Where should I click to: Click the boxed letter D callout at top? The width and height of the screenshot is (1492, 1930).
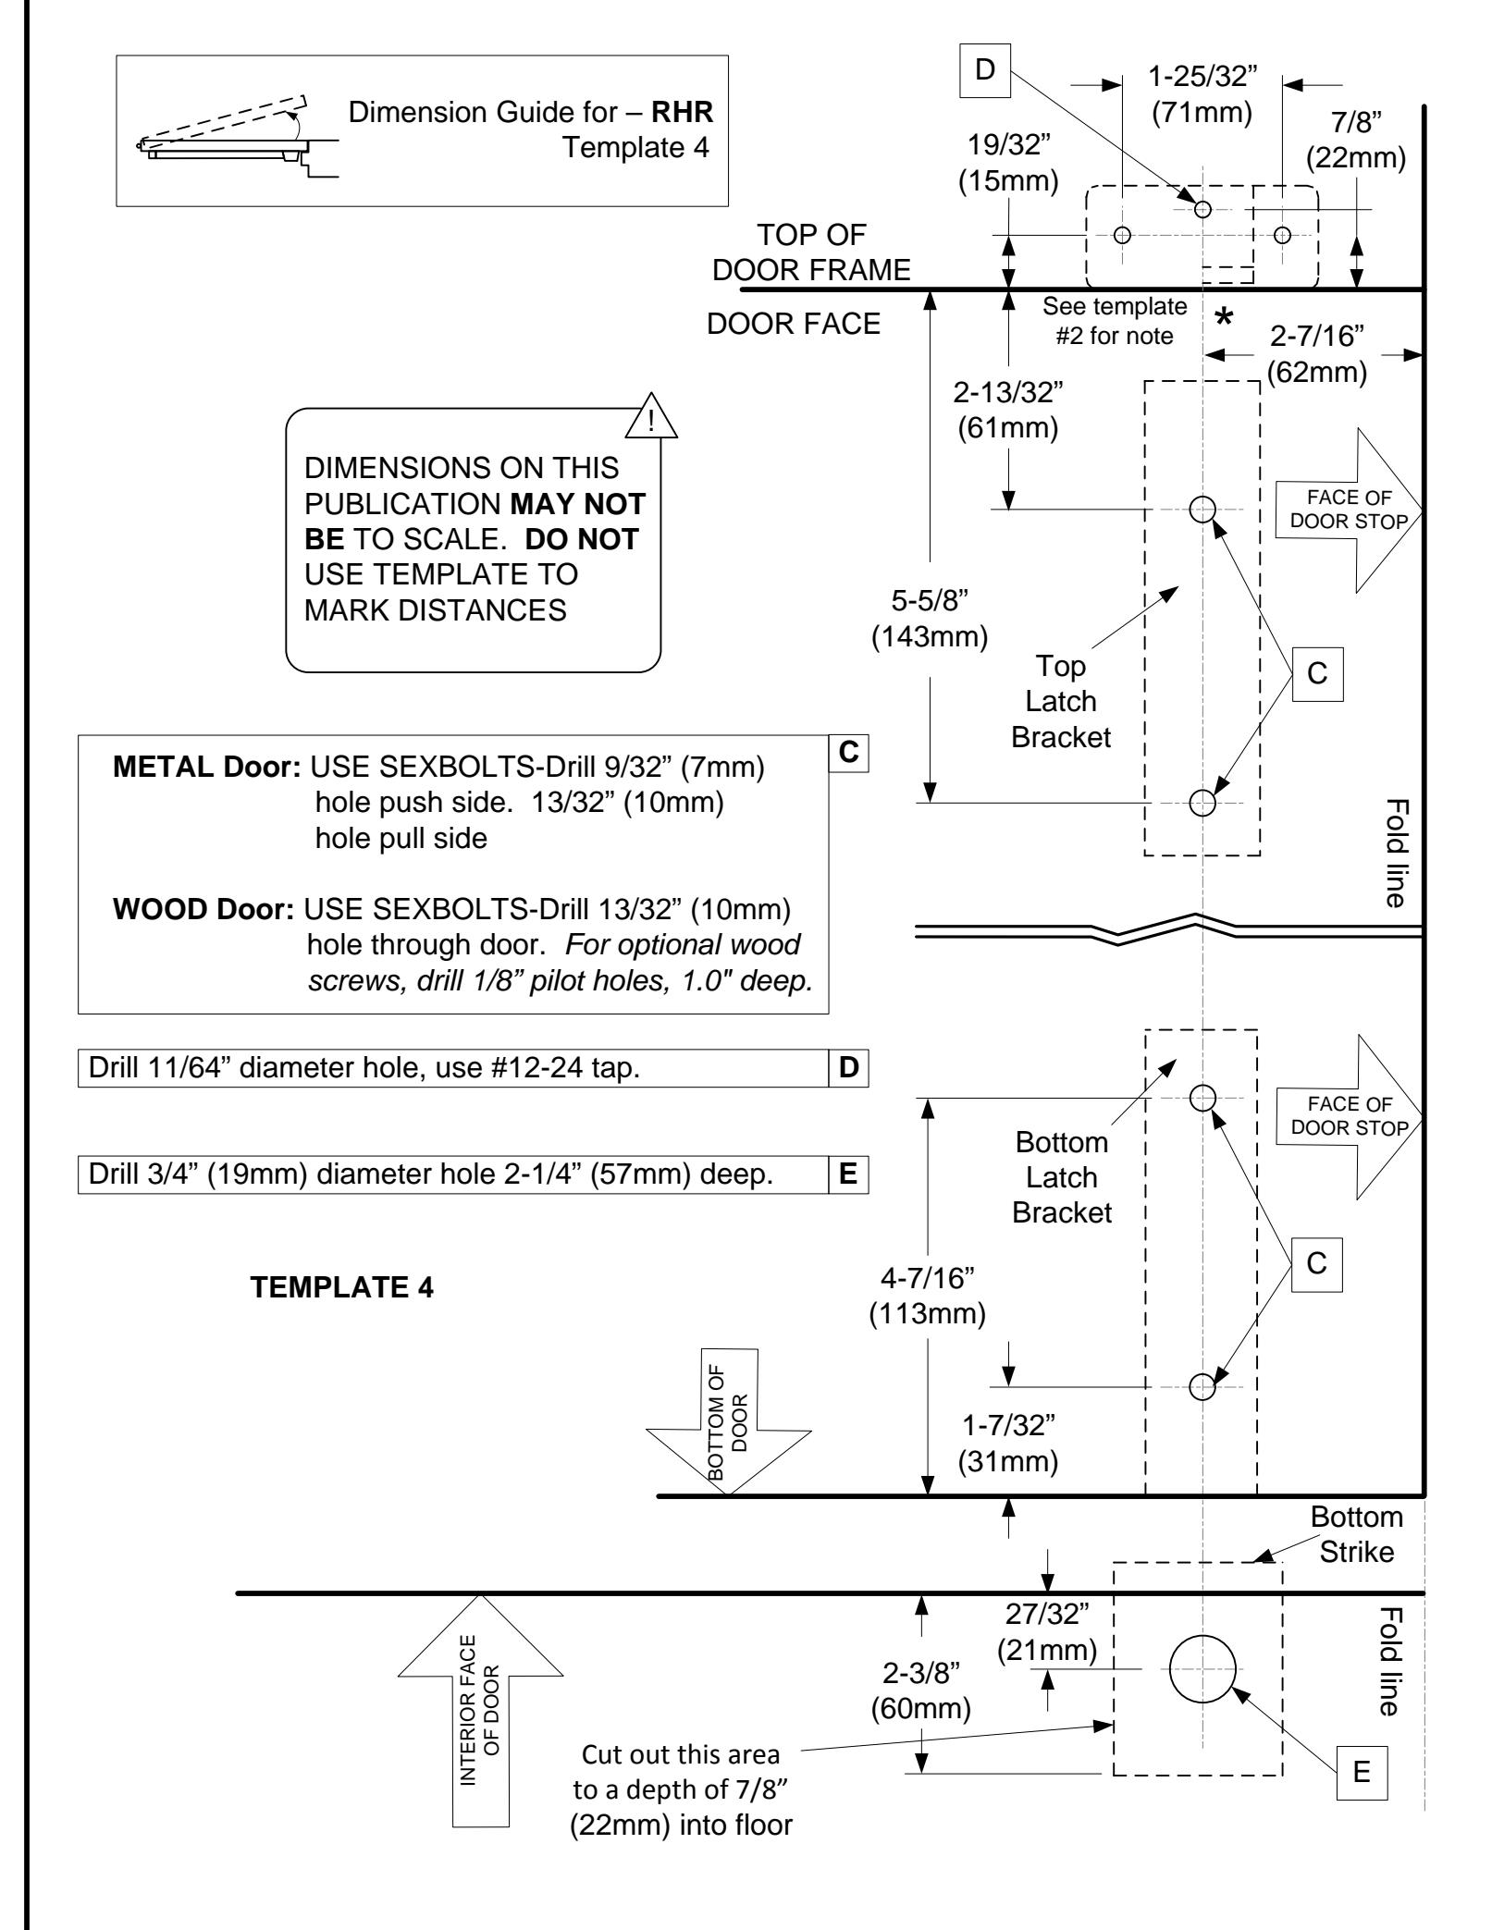point(985,71)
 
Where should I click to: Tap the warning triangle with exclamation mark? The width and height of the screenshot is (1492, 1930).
point(651,416)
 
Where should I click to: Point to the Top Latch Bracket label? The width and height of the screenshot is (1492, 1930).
point(1061,701)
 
